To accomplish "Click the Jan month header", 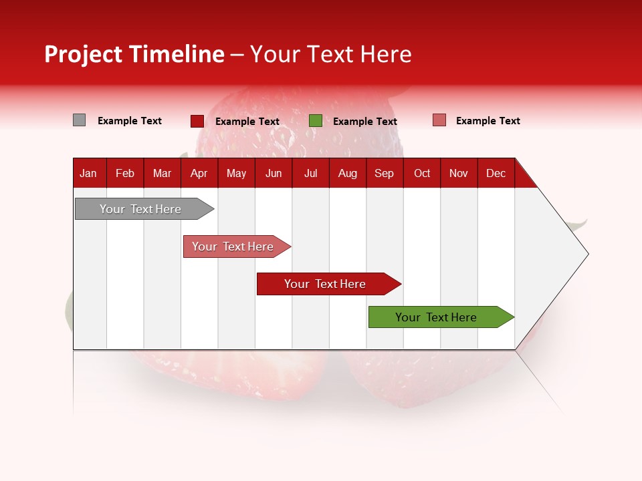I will point(88,174).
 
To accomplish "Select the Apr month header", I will point(199,174).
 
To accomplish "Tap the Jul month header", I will point(310,174).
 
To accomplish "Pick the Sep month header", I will point(384,174).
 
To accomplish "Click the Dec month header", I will point(496,174).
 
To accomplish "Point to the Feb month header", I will point(125,174).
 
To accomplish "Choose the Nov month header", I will point(458,174).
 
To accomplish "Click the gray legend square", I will point(79,120).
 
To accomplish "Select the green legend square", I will point(316,121).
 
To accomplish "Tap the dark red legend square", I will point(197,121).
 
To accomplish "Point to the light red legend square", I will point(439,120).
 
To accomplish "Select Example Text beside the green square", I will point(364,122).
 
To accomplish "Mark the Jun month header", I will point(274,174).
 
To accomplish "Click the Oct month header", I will point(422,174).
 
